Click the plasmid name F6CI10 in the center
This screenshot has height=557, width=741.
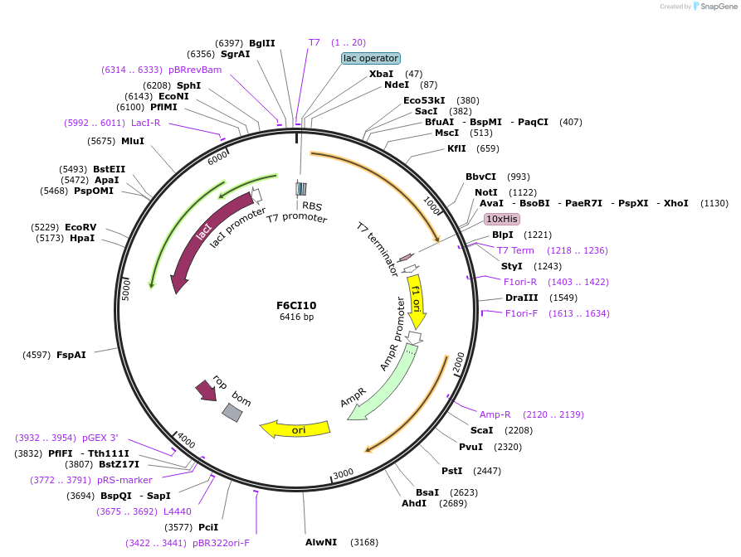pos(296,305)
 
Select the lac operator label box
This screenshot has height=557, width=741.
pos(371,58)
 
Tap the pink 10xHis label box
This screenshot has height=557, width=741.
pos(502,219)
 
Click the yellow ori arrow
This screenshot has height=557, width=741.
pos(295,429)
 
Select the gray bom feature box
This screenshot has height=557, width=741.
pos(232,412)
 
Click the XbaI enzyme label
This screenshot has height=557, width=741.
pos(381,74)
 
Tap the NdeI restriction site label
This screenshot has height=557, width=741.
pos(396,85)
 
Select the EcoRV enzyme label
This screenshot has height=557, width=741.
pos(80,227)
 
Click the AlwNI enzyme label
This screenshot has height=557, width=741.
pos(321,542)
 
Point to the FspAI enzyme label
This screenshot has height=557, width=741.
pos(71,355)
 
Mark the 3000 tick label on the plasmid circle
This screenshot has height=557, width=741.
pos(344,473)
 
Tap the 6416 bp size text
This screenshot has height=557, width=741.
pos(296,317)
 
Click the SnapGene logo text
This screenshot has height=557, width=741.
pos(716,7)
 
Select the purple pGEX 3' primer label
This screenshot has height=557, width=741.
pos(100,438)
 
